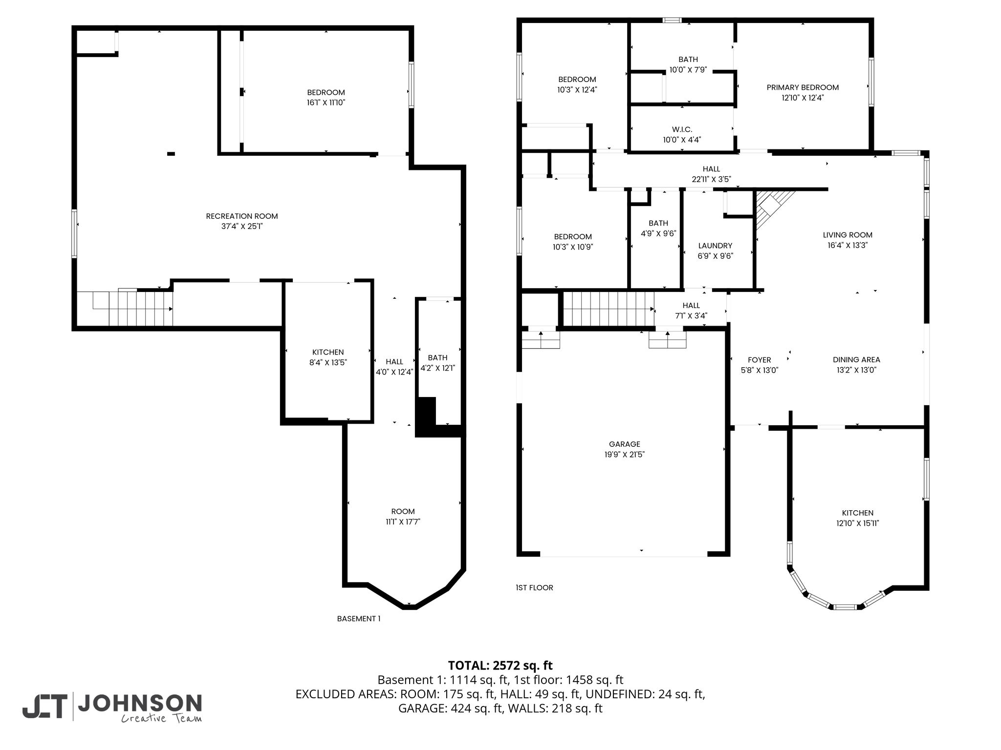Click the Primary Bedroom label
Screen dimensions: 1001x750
click(x=803, y=87)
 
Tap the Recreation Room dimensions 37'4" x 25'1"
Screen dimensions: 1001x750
click(x=242, y=227)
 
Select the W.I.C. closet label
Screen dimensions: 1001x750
click(x=682, y=129)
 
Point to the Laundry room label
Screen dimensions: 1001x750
click(x=715, y=246)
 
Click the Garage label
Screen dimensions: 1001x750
click(x=625, y=444)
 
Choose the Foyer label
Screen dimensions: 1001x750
click(x=760, y=360)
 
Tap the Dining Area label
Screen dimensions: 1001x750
click(x=856, y=360)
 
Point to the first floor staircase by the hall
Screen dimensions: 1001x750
click(x=609, y=309)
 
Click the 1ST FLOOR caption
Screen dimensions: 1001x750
click(x=535, y=588)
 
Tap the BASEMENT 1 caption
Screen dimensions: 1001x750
click(x=359, y=619)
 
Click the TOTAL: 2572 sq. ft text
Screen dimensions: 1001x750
click(x=500, y=666)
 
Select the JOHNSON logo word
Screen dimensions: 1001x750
click(x=140, y=704)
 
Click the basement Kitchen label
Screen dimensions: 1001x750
click(x=328, y=353)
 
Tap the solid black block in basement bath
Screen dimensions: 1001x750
click(x=426, y=417)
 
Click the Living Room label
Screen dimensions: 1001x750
click(x=848, y=235)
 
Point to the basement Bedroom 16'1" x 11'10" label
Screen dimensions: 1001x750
click(x=326, y=98)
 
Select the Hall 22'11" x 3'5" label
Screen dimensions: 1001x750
click(x=712, y=174)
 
